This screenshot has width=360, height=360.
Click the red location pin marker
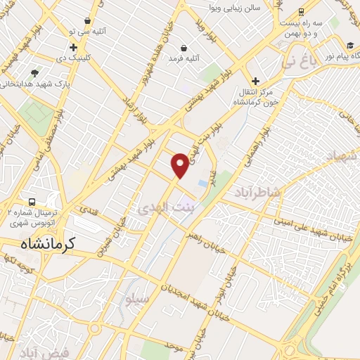(180, 165)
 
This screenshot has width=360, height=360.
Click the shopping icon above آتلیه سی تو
(87, 21)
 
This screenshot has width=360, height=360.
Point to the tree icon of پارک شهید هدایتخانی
(35, 72)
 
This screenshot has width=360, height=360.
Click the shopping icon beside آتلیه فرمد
(184, 48)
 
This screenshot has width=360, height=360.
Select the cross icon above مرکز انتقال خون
(255, 82)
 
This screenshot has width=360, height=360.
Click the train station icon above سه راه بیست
(301, 12)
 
